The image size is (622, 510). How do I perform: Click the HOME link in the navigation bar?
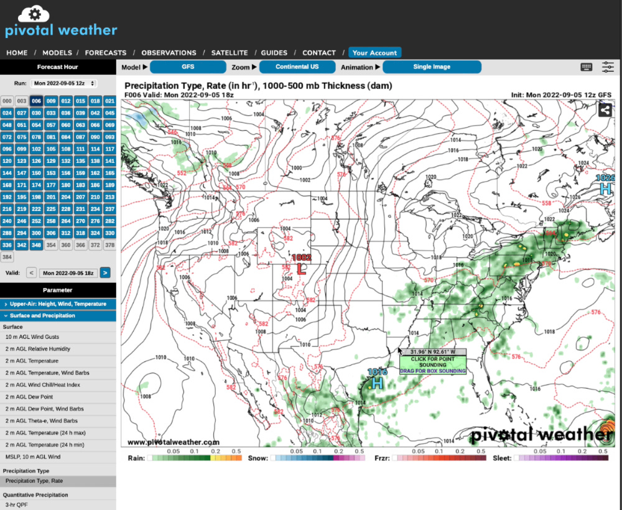[x=17, y=53]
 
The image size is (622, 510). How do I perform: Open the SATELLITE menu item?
[x=230, y=53]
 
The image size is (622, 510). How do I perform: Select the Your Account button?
[x=374, y=53]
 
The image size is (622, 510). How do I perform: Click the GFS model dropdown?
[x=188, y=67]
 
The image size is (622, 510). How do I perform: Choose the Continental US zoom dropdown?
[x=297, y=67]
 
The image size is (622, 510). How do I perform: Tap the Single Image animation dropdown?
[x=432, y=67]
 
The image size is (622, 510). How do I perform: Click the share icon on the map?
[x=605, y=110]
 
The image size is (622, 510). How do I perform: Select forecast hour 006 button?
[x=36, y=101]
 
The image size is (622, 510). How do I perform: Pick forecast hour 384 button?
[x=7, y=257]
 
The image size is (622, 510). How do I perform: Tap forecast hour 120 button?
[x=7, y=160]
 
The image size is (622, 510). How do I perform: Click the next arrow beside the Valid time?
[x=105, y=272]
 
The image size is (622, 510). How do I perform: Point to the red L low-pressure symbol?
[x=302, y=269]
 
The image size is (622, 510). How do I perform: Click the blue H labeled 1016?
[x=377, y=383]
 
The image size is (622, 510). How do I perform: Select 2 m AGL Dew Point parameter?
[x=29, y=397]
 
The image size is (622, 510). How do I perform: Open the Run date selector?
[x=65, y=83]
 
